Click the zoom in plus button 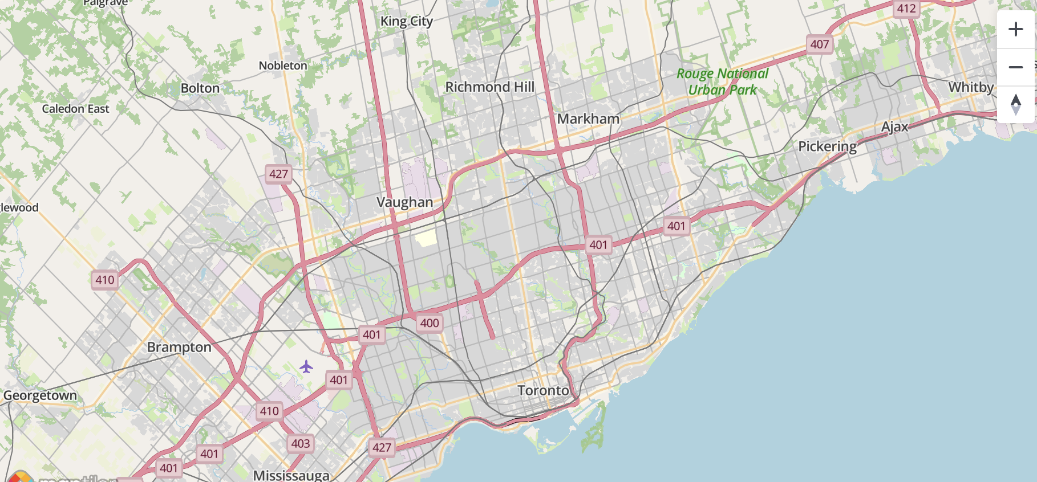click(x=1015, y=29)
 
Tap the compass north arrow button click(x=1015, y=104)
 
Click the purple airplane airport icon click(x=306, y=366)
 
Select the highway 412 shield click(x=906, y=9)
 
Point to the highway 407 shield click(x=820, y=44)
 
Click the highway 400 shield click(x=430, y=323)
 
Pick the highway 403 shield click(x=301, y=444)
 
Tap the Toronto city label click(x=543, y=390)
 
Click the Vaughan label click(x=404, y=202)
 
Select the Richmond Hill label click(x=489, y=87)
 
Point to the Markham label click(x=588, y=119)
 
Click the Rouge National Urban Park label click(x=722, y=81)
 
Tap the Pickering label click(x=827, y=146)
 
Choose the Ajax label click(x=894, y=127)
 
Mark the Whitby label click(x=971, y=87)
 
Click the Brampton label click(x=179, y=347)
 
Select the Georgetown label click(x=40, y=395)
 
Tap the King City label click(x=407, y=22)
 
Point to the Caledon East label click(x=75, y=109)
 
